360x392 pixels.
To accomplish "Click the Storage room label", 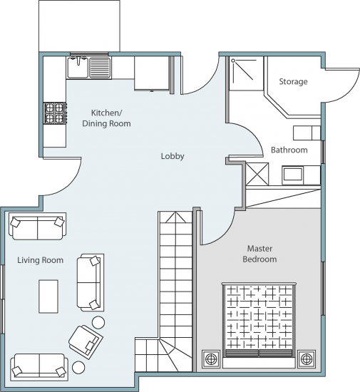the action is (293, 82).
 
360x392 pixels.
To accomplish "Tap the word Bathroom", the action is (289, 150).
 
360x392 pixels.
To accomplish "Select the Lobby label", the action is (173, 156).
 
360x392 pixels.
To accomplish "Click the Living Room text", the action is (40, 260).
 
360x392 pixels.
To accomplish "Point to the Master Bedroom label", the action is (259, 254).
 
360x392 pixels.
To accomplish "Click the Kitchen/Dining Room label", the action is (106, 118).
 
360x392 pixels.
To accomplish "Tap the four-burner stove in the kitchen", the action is (56, 113).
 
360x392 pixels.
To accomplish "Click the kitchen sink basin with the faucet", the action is (77, 67).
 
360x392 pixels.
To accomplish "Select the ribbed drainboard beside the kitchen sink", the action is (100, 68).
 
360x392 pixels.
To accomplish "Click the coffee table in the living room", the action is (48, 296).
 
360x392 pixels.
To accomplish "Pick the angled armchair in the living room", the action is (86, 342).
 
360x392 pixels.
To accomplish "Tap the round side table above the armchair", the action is (98, 322).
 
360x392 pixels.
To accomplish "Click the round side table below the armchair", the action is (78, 367).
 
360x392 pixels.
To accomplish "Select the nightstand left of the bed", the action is (211, 359).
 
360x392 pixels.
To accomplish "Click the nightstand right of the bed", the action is (307, 359).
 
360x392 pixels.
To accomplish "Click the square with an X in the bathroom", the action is (257, 174).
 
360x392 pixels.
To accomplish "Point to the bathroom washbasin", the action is (293, 174).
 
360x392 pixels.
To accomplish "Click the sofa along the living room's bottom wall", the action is (39, 367).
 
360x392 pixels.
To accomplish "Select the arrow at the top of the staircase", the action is (176, 217).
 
